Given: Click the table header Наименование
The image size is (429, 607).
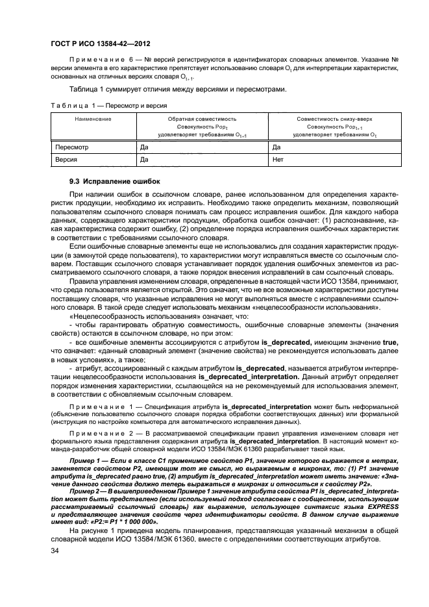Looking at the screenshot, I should (92, 119).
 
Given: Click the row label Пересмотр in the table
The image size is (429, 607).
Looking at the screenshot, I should (71, 147).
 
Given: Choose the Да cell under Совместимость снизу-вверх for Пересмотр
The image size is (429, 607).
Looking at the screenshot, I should (277, 147).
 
